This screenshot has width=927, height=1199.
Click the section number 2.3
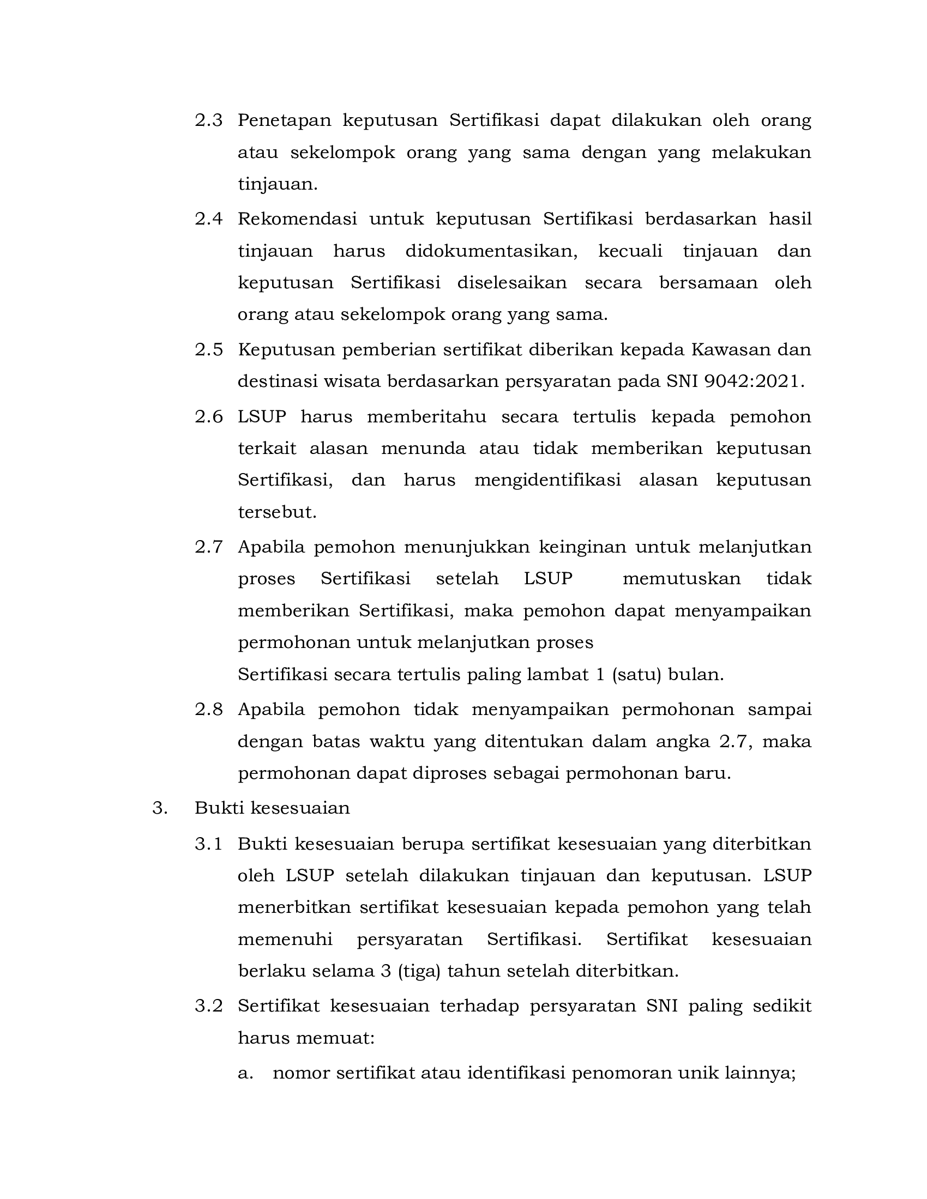(209, 120)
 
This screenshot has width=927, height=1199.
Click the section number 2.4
(209, 219)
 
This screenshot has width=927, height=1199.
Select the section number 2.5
(209, 350)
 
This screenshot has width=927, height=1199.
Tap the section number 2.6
(209, 417)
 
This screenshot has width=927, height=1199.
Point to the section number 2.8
(209, 709)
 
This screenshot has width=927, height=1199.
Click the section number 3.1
(209, 844)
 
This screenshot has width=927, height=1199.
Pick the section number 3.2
(209, 1006)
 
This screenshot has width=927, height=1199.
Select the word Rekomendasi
(297, 219)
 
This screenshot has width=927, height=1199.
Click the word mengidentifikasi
(547, 480)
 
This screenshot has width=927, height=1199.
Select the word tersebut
(277, 512)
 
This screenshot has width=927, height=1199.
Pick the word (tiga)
(419, 971)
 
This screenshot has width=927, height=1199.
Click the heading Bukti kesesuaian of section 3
(272, 808)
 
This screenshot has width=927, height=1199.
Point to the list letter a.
(244, 1073)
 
